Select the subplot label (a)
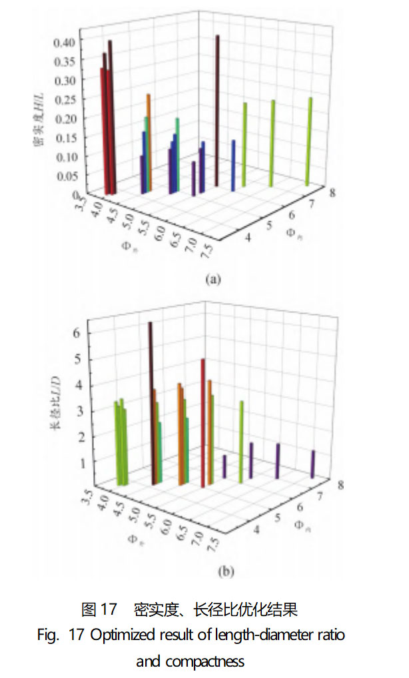212,280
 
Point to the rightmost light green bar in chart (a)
309,140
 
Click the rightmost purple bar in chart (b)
312,464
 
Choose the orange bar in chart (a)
149,140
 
